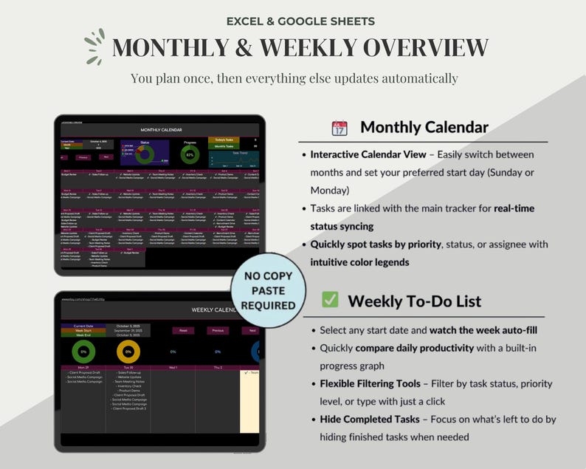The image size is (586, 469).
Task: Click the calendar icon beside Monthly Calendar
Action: tap(339, 128)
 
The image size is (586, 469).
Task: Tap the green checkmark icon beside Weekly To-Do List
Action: tap(330, 300)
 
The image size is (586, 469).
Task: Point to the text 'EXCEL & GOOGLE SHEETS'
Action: tap(293, 21)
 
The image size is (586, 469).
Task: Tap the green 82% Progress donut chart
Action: tap(190, 154)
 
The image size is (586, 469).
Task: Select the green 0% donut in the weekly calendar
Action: tap(83, 351)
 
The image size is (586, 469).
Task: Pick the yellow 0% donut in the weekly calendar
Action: tap(128, 351)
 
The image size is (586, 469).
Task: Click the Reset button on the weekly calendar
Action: tap(182, 330)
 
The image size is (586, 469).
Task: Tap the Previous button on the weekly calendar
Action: tap(218, 330)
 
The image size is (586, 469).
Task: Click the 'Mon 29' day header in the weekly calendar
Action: tap(83, 367)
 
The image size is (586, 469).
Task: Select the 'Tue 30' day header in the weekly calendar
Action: tap(128, 367)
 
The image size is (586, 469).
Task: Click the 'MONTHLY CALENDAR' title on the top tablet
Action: tap(160, 129)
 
